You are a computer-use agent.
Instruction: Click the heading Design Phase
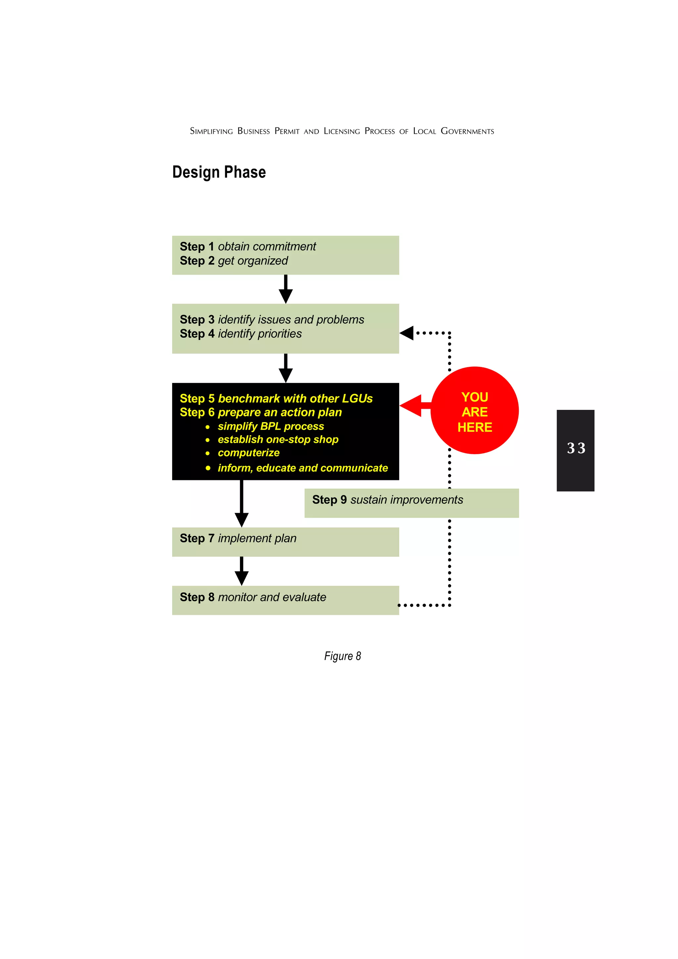219,172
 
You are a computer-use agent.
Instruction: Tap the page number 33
576,448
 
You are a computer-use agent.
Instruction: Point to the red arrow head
411,406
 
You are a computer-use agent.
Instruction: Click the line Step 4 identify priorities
241,334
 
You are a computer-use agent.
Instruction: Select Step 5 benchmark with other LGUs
276,399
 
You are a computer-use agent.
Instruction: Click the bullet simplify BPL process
271,426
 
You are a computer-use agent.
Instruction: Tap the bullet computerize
249,453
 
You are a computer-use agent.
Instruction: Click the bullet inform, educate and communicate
303,468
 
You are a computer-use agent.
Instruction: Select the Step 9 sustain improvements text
387,500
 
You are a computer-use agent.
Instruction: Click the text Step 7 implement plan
238,538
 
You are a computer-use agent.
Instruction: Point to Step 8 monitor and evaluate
253,597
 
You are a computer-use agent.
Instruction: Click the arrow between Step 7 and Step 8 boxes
241,571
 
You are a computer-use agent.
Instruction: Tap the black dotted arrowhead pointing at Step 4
407,333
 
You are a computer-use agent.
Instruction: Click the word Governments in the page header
467,131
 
